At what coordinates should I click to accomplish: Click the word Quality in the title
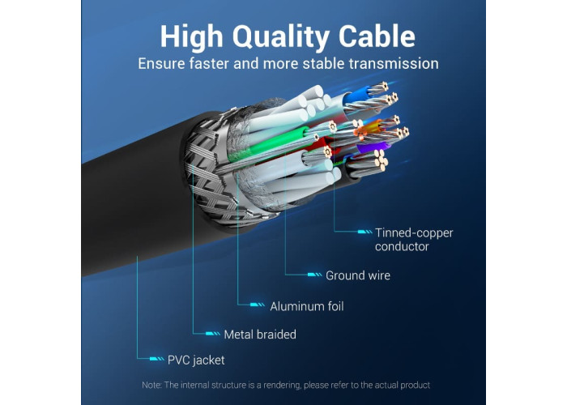coord(280,37)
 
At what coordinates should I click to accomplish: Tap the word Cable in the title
coord(377,36)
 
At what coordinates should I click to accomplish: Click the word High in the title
coord(192,37)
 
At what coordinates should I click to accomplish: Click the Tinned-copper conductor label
coord(414,240)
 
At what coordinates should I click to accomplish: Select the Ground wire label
coord(358,275)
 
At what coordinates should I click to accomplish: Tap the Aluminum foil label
coord(307,307)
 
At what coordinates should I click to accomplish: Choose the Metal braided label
coord(260,335)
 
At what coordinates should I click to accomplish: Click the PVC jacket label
coord(196,360)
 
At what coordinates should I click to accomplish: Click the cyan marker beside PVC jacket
coord(156,359)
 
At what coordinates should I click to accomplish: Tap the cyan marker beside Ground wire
coord(314,275)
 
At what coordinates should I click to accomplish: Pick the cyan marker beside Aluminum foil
coord(258,305)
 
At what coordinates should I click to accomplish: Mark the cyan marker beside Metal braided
coord(212,334)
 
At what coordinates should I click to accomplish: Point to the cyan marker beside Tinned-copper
coord(364,232)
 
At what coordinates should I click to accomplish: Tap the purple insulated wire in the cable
coord(373,148)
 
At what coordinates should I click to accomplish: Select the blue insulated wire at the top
coord(357,95)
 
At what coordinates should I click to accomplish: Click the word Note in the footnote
coord(151,385)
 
